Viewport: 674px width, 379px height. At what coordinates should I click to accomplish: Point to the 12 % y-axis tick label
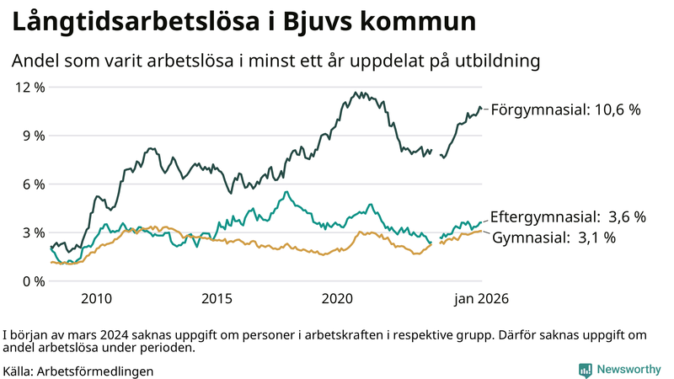click(x=29, y=87)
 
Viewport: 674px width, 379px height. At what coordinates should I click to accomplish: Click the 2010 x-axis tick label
click(x=96, y=299)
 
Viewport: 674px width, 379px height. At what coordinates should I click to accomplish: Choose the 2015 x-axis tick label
click(x=217, y=299)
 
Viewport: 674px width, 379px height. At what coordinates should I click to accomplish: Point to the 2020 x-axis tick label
click(x=337, y=299)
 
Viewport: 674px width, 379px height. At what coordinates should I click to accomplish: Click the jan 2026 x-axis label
click(x=482, y=299)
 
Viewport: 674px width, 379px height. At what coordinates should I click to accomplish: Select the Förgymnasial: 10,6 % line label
click(x=566, y=109)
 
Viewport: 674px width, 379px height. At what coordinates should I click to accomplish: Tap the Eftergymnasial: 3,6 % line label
click(x=568, y=217)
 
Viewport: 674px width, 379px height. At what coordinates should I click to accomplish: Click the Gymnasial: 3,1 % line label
click(x=554, y=238)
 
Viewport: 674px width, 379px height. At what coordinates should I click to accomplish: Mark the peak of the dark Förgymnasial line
click(x=356, y=93)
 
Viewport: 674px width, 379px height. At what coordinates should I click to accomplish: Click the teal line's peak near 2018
click(x=287, y=192)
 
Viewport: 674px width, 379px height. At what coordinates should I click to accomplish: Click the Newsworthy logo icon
click(x=585, y=370)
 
